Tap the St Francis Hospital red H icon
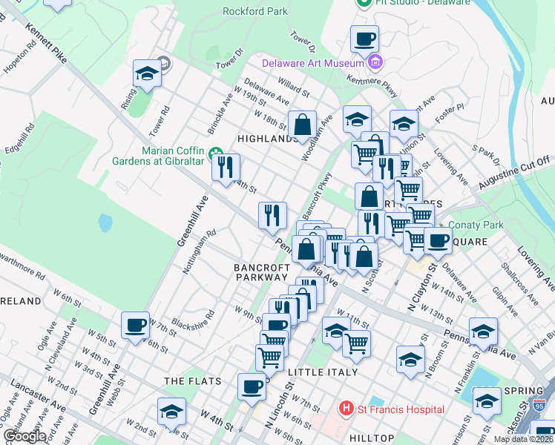(345, 409)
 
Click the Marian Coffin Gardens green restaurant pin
(217, 155)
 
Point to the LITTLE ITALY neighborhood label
(323, 372)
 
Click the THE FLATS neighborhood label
(193, 381)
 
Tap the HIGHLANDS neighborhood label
(267, 139)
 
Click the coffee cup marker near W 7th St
(136, 325)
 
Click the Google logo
(24, 436)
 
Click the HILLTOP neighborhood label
(373, 438)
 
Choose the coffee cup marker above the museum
(364, 38)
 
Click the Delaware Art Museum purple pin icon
(376, 61)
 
